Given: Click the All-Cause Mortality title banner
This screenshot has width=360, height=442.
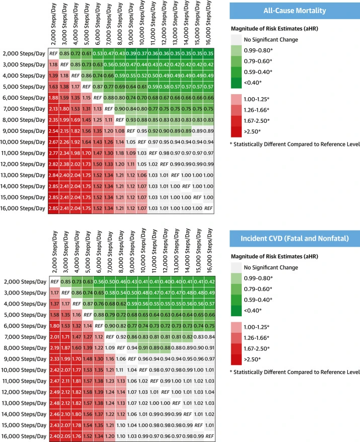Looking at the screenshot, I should tap(294, 10).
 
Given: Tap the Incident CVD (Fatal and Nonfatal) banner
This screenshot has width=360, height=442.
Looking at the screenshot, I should tap(294, 239).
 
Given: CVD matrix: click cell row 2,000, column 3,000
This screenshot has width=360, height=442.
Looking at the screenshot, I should tap(64, 281).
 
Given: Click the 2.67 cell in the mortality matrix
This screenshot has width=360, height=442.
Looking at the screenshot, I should tap(53, 142).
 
